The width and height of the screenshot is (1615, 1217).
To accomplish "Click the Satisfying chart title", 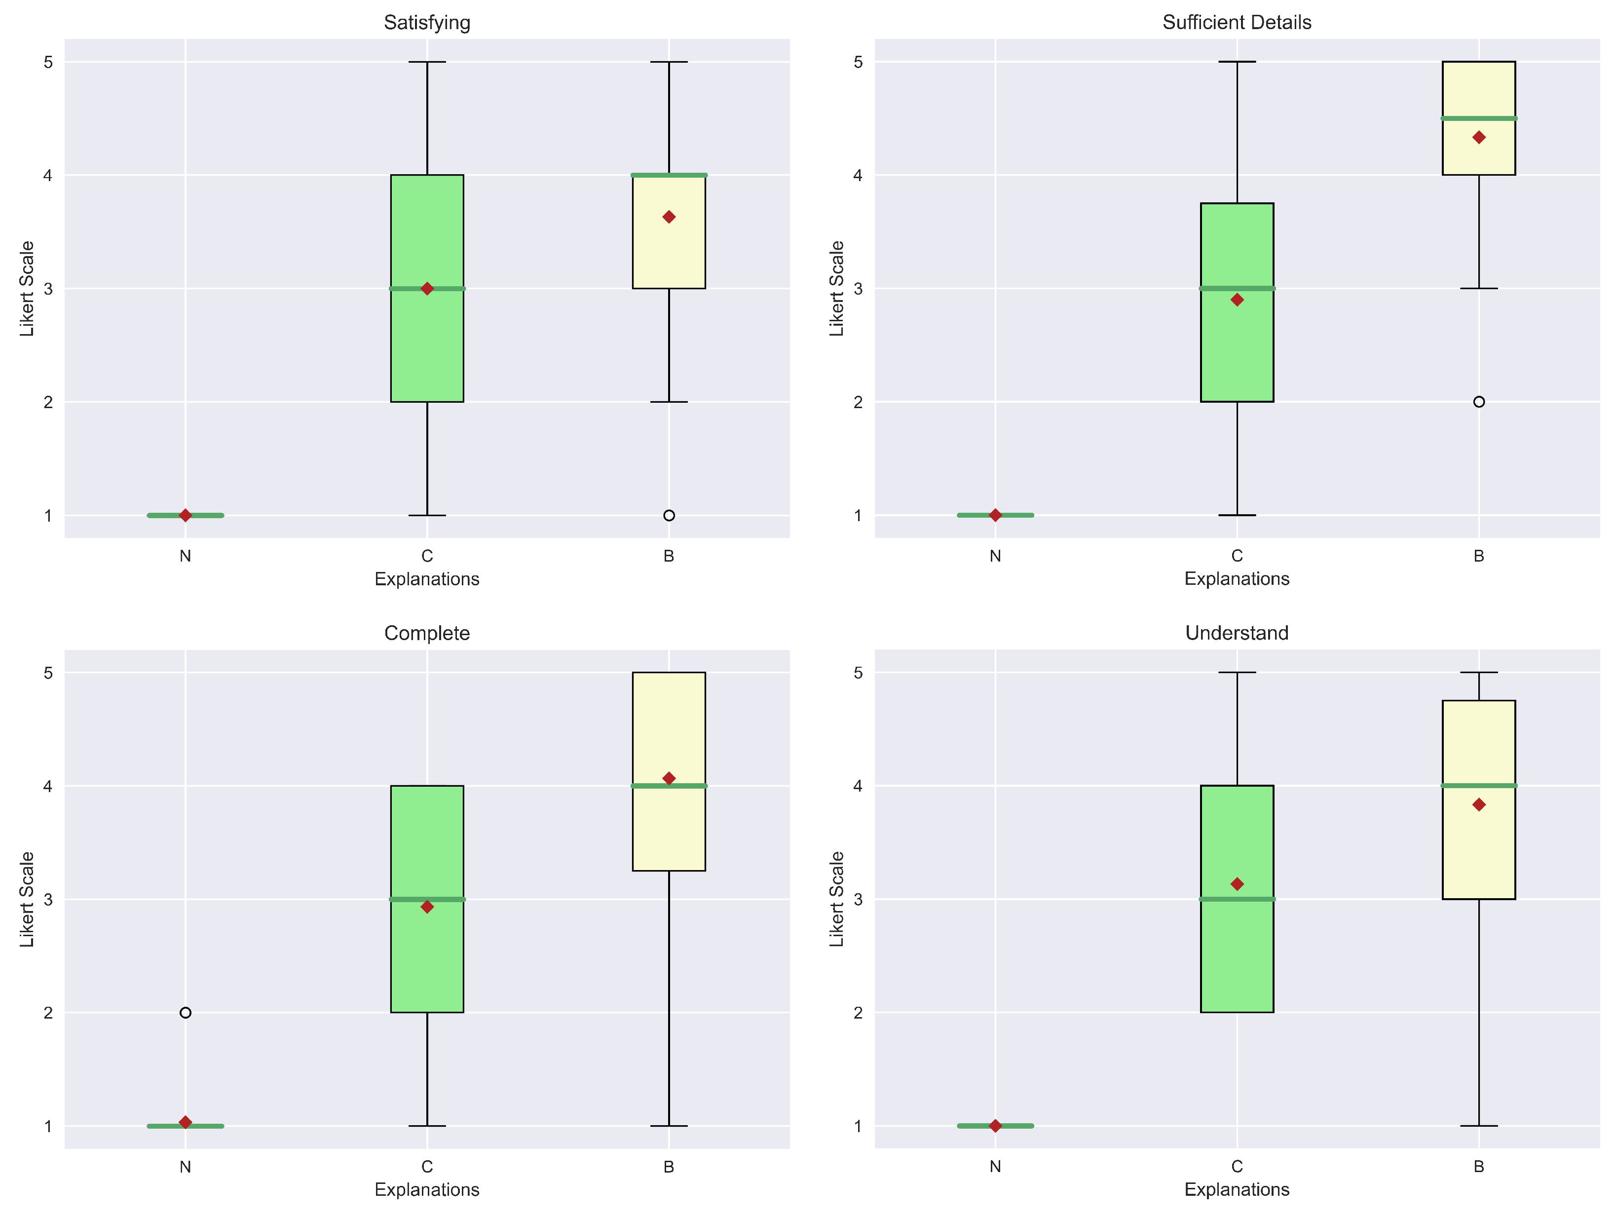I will click(427, 23).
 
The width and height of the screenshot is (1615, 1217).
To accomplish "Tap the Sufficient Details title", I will click(1237, 23).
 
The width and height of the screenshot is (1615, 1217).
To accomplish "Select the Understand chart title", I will click(1237, 633).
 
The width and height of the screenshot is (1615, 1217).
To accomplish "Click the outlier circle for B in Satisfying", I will click(669, 515).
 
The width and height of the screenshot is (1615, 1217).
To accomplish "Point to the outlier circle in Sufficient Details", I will click(1478, 402).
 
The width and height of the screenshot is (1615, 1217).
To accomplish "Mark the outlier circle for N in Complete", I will click(186, 1013).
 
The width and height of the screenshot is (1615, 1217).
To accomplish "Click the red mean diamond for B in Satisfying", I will click(669, 217).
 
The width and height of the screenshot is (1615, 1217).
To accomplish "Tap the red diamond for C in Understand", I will click(1237, 884).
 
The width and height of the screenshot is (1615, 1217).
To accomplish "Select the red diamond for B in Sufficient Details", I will click(1478, 137).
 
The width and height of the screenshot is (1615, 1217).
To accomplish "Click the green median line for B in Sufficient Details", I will click(1478, 118).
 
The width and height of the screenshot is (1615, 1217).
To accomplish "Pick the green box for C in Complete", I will click(427, 956).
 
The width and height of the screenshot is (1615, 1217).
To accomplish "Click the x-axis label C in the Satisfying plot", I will click(427, 556).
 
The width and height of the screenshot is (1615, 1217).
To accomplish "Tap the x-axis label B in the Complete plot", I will click(669, 1167).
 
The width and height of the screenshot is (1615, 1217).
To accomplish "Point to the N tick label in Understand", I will click(995, 1167).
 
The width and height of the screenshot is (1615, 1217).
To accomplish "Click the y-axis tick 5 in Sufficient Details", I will click(858, 62).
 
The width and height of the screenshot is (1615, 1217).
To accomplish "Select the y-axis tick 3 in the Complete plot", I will click(48, 900).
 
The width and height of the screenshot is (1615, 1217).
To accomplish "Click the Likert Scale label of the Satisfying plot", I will click(27, 288).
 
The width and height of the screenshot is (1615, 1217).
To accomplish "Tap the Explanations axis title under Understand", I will click(1237, 1189).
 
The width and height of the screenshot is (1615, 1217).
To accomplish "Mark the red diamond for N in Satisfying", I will click(186, 515).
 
